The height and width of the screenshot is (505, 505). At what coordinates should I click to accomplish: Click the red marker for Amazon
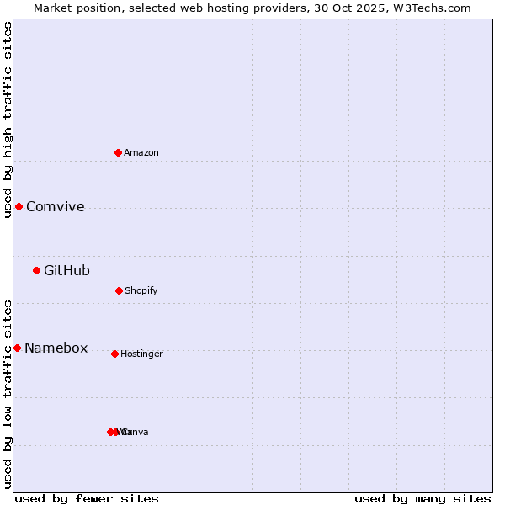click(x=119, y=152)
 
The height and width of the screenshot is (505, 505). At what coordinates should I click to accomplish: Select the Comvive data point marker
click(x=19, y=206)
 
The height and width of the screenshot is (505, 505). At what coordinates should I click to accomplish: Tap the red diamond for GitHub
click(x=36, y=270)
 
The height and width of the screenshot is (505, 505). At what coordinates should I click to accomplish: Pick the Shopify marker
click(x=119, y=290)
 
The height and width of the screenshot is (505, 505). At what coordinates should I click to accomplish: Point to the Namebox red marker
click(x=17, y=348)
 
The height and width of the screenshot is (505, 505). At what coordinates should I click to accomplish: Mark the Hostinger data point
click(x=114, y=353)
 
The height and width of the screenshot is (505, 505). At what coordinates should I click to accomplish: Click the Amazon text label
click(x=141, y=152)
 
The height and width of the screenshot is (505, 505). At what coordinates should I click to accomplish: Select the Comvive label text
click(x=56, y=206)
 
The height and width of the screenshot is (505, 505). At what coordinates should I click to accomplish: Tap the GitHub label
click(x=66, y=270)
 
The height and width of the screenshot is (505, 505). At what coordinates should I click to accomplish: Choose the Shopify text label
click(x=141, y=290)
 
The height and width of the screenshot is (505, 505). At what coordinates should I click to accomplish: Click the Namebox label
click(x=56, y=348)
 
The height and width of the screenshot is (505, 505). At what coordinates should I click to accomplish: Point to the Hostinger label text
click(x=141, y=353)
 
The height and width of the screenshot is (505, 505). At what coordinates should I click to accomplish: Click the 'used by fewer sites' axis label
click(x=87, y=498)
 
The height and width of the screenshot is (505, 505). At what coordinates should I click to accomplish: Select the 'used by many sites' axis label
click(x=423, y=498)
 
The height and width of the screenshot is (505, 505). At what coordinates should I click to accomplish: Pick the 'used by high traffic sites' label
click(x=8, y=120)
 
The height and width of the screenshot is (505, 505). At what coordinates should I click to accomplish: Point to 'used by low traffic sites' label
click(x=8, y=394)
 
